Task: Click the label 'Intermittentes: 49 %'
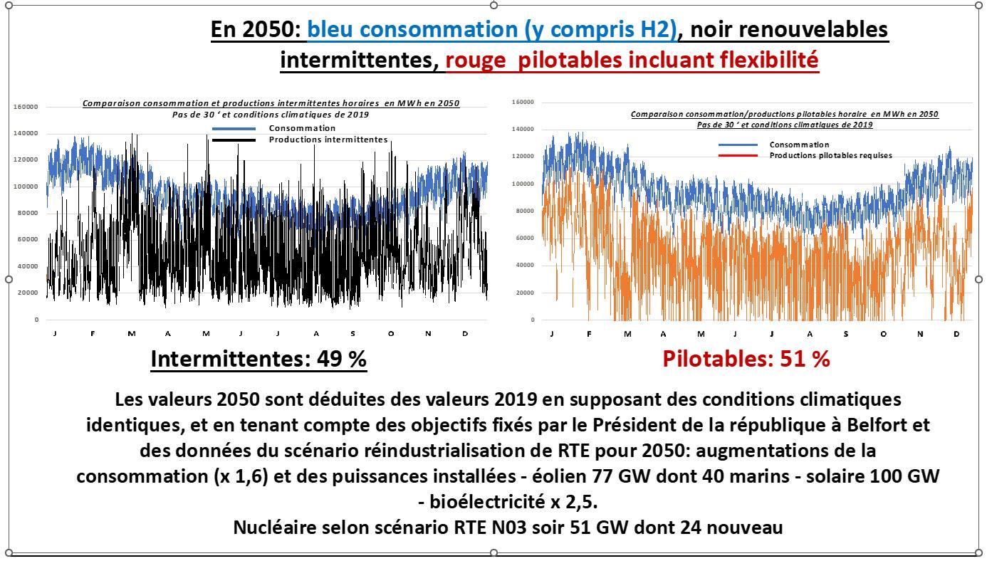pyautogui.click(x=258, y=360)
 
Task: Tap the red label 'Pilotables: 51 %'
pyautogui.click(x=746, y=359)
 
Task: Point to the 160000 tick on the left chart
pyautogui.click(x=26, y=107)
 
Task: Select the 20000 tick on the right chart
pyautogui.click(x=523, y=293)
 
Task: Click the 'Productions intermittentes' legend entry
pyautogui.click(x=328, y=140)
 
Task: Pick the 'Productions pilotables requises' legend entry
pyautogui.click(x=830, y=155)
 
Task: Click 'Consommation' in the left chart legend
pyautogui.click(x=302, y=128)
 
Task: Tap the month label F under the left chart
pyautogui.click(x=93, y=333)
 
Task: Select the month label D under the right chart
pyautogui.click(x=956, y=334)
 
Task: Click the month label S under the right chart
pyautogui.click(x=845, y=334)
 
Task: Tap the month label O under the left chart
pyautogui.click(x=391, y=333)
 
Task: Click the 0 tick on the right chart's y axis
pyautogui.click(x=531, y=320)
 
